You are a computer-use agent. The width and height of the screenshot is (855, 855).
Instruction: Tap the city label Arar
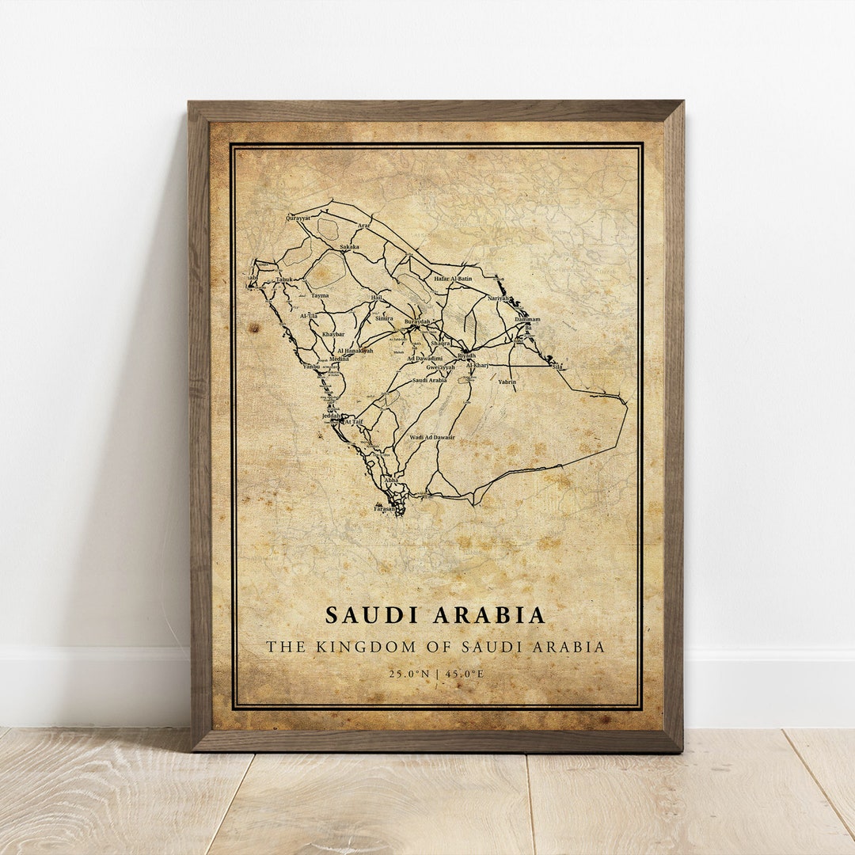point(364,226)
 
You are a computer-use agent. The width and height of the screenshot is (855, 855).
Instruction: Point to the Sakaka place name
point(349,247)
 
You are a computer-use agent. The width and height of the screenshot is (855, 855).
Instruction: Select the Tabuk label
point(284,279)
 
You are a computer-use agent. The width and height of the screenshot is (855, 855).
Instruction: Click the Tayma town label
point(320,296)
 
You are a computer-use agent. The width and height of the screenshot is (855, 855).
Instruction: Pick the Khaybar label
point(333,334)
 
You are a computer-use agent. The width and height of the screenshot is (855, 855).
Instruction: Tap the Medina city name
point(339,359)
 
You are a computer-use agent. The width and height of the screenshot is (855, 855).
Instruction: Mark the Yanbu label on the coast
point(311,367)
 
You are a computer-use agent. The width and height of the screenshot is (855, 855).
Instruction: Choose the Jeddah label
point(331,416)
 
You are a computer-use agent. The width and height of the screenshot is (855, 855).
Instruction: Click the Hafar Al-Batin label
point(453,279)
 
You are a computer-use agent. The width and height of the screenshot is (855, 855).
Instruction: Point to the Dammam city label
point(527,320)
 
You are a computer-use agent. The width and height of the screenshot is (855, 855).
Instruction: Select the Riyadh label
point(467,355)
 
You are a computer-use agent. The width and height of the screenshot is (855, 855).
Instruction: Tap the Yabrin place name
point(507,382)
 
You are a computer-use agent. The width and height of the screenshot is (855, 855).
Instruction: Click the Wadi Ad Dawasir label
point(432,438)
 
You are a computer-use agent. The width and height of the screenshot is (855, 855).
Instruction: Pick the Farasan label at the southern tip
point(385,509)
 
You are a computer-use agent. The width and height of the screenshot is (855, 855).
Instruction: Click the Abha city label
point(391,481)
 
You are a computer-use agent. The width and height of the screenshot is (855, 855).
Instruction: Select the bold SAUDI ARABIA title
point(435,615)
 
